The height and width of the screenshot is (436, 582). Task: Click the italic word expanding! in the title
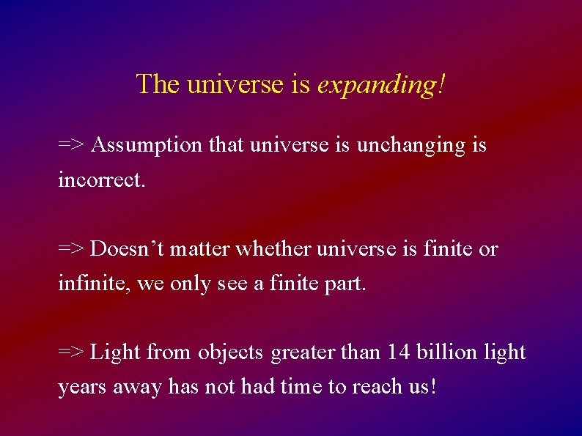pos(380,85)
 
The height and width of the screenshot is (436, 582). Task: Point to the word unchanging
pos(410,146)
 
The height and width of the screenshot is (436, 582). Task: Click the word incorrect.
pos(102,180)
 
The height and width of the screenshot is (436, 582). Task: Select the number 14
pos(399,352)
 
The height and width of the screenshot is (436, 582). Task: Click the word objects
pos(229,352)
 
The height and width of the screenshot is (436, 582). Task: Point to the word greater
pos(303,352)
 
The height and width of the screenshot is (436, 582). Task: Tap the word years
pos(82,387)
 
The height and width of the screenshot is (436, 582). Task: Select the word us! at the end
pos(423,387)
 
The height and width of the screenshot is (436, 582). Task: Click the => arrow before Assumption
pos(71,146)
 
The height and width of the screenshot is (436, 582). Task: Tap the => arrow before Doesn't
pos(71,249)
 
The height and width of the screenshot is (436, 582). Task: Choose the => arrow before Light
pos(71,352)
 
